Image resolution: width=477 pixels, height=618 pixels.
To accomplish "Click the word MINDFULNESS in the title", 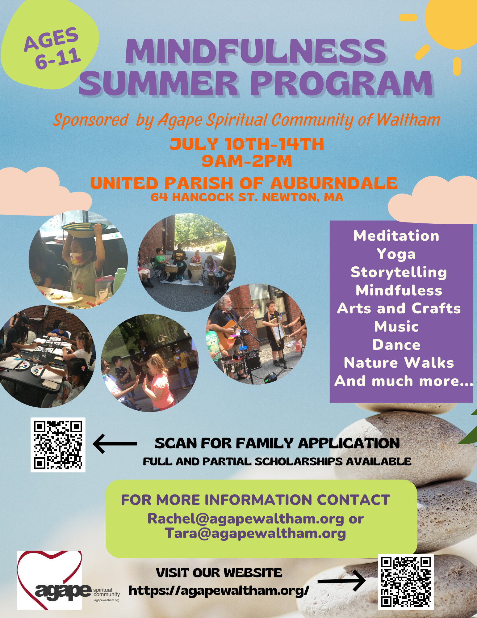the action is pos(256,52).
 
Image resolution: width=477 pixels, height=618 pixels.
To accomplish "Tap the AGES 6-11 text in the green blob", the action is pos(52,48).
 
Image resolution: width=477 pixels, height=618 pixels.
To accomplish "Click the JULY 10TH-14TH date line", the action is pos(247,144).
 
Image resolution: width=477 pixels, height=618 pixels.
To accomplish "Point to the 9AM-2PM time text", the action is pos(247,161).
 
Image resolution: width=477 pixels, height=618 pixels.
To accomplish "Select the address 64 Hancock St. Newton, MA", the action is pos(247,197).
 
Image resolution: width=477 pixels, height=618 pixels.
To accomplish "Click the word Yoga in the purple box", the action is pos(396,254).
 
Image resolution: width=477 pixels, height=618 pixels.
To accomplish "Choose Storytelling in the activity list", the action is pos(399,272).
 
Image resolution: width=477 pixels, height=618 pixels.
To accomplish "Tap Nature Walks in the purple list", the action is pos(399,363).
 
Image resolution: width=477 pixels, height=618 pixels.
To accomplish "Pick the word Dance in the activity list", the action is pos(396,345).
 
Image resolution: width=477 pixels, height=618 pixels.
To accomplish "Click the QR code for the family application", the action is pos(58,445).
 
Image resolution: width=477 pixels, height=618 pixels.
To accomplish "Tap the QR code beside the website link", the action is pos(406,582).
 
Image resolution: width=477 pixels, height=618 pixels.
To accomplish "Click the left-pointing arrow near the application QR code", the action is pos(115,444).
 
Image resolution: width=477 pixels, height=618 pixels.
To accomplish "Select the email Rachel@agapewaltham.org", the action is pos(246,519).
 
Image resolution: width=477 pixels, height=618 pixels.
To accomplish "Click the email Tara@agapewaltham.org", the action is pos(255,533).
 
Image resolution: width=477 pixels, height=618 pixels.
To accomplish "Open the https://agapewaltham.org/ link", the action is pos(219,590).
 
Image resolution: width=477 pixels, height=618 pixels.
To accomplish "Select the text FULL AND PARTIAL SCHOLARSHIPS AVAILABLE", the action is pos(277,462).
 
